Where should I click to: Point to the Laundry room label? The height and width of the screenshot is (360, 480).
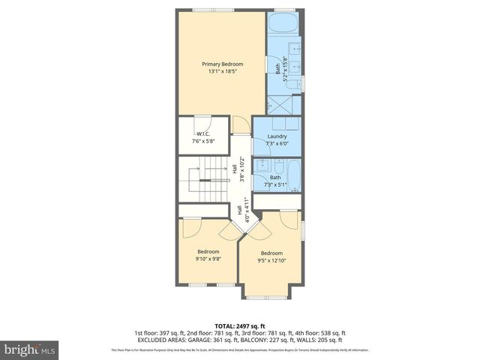[277, 136]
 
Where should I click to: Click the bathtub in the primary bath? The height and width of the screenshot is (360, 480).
[283, 22]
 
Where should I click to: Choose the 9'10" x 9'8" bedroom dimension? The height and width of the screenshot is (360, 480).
[208, 259]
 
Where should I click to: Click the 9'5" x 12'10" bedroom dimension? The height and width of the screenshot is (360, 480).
[271, 261]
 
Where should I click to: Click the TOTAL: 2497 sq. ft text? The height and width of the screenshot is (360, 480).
[240, 326]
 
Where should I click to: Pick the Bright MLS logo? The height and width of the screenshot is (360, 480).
[30, 349]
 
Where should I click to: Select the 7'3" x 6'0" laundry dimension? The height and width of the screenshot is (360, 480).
[277, 143]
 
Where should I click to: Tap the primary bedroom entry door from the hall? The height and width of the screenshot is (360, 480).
[238, 124]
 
